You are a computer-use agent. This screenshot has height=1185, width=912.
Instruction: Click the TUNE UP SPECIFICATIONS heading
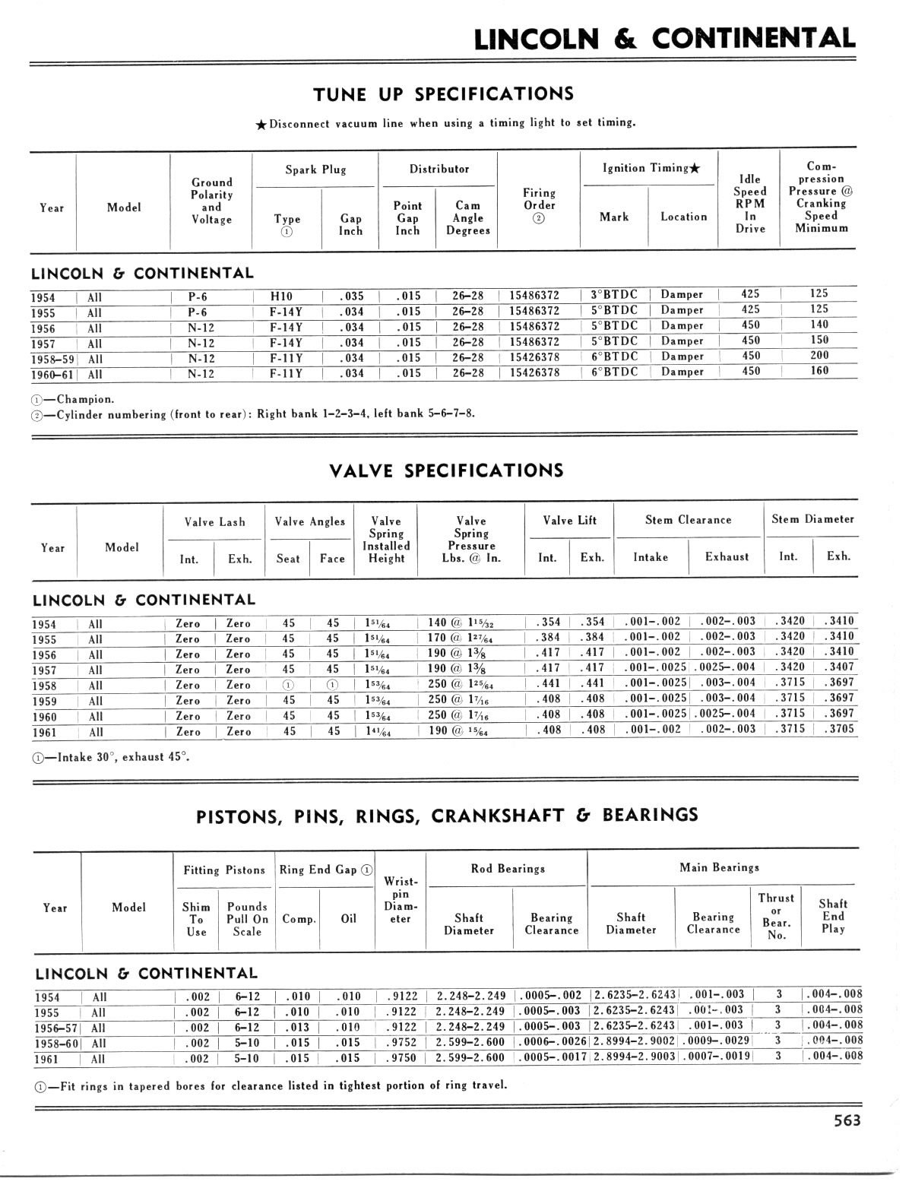tap(444, 94)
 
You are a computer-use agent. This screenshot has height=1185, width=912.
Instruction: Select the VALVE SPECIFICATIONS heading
tap(447, 471)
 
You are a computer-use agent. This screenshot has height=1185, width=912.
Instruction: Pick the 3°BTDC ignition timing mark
tap(614, 294)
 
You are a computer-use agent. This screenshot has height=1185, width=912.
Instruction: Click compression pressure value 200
tap(819, 356)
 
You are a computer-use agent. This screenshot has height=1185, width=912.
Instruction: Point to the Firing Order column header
tap(540, 205)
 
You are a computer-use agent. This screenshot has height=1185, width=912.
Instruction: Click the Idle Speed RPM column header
tap(750, 203)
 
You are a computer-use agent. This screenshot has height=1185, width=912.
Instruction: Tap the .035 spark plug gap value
tap(351, 296)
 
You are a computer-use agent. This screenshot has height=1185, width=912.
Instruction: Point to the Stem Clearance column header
tap(688, 520)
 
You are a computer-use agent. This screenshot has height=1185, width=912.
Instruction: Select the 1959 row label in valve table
tap(45, 701)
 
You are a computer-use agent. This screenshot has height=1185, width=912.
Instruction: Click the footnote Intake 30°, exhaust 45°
tap(111, 757)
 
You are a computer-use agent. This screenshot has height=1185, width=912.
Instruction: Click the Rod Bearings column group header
tap(506, 868)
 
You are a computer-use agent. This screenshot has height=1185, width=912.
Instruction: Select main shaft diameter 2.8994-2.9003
tap(635, 1057)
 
